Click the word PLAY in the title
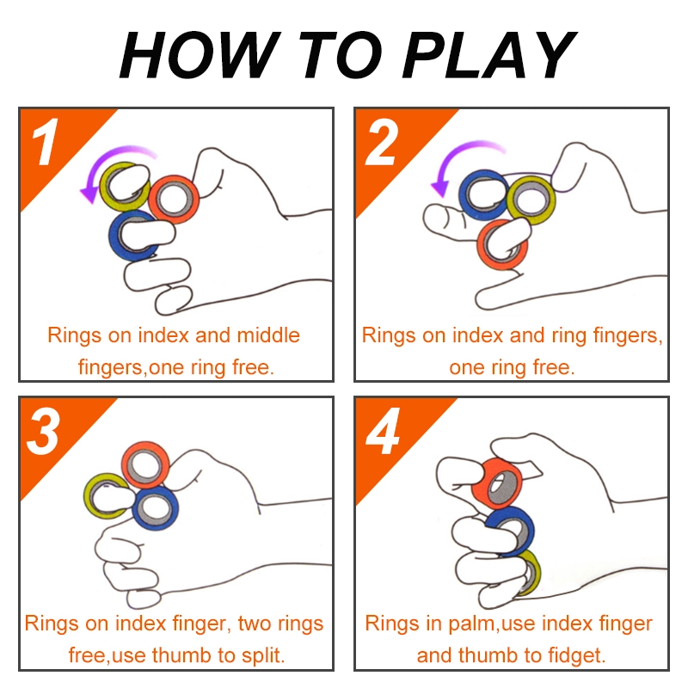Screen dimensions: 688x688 tap(488, 55)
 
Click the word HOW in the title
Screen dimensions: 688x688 tap(199, 55)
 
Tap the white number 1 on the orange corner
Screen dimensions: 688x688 tap(46, 141)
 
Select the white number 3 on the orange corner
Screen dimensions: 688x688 tap(43, 431)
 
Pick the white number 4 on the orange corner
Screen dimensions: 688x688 tap(383, 431)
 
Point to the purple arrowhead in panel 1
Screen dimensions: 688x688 tap(89, 193)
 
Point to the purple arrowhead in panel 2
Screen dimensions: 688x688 tap(440, 187)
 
